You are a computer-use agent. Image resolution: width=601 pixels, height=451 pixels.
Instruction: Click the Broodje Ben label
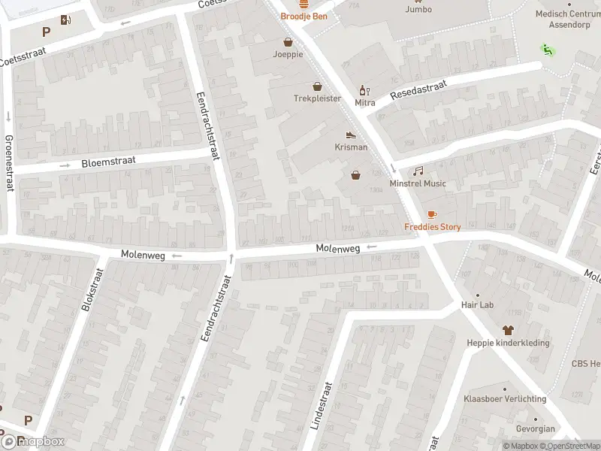[304, 16]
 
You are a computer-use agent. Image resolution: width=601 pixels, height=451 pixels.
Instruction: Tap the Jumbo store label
[418, 10]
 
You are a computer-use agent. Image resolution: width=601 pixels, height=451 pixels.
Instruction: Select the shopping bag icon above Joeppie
[288, 42]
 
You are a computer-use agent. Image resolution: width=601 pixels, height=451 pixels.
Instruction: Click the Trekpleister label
[317, 98]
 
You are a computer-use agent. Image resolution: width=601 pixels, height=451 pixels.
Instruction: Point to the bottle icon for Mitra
[364, 90]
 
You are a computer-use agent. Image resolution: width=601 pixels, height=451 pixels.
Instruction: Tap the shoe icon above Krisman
[351, 135]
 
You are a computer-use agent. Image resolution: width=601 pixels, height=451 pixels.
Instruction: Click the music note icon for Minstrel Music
[418, 171]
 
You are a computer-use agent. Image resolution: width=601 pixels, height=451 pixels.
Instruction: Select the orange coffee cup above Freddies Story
[432, 215]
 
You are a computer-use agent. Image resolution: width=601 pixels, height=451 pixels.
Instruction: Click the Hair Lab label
[477, 305]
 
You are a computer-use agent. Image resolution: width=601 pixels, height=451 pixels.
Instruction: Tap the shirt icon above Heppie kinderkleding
[507, 330]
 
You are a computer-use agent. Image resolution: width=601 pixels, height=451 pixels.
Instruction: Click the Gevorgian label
[536, 429]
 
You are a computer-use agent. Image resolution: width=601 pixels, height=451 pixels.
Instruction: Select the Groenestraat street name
[9, 163]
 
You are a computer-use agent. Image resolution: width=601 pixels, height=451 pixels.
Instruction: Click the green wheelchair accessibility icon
[546, 50]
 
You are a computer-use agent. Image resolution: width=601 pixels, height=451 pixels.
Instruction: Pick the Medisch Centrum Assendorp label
[568, 18]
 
